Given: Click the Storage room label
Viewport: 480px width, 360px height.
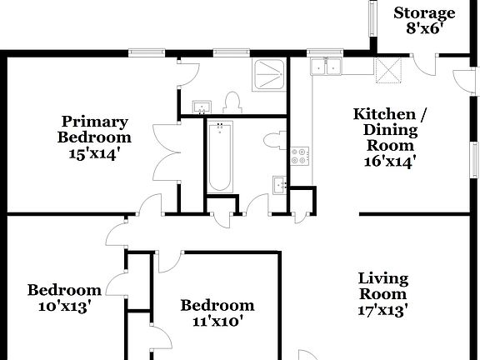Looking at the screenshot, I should coord(424,12).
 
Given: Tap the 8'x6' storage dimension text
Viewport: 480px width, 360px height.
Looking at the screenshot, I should coord(424,27).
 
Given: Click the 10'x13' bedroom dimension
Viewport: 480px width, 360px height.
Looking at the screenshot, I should coord(64,306).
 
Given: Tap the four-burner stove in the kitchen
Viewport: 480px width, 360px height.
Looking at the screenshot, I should coord(299,155).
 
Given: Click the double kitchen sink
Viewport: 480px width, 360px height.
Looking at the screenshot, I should coord(326,67).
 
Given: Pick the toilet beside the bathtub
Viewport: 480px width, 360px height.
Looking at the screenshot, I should coord(273,141).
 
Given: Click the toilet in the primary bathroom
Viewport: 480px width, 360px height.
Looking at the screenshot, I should coord(232,103).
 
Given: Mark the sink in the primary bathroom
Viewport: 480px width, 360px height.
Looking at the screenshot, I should coord(201,107).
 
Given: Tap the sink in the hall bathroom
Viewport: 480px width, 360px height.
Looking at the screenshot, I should coord(277,184).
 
